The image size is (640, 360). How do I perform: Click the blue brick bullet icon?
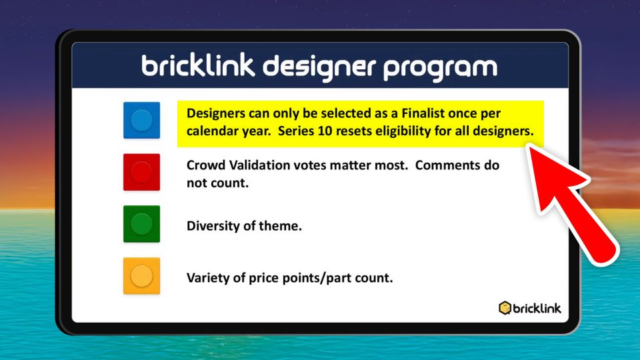coord(141,120)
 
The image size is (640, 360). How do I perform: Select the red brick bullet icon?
coord(141,172)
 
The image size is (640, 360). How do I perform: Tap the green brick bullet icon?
coord(141,224)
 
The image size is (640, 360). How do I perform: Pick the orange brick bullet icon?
coord(141,275)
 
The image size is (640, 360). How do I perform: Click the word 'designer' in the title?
coord(319,67)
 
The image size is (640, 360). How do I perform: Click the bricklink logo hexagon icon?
coord(505,308)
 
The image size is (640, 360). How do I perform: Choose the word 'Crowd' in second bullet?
coord(205,165)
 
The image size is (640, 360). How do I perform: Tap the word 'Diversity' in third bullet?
coord(213,226)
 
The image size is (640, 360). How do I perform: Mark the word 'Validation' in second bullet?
coord(263,165)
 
